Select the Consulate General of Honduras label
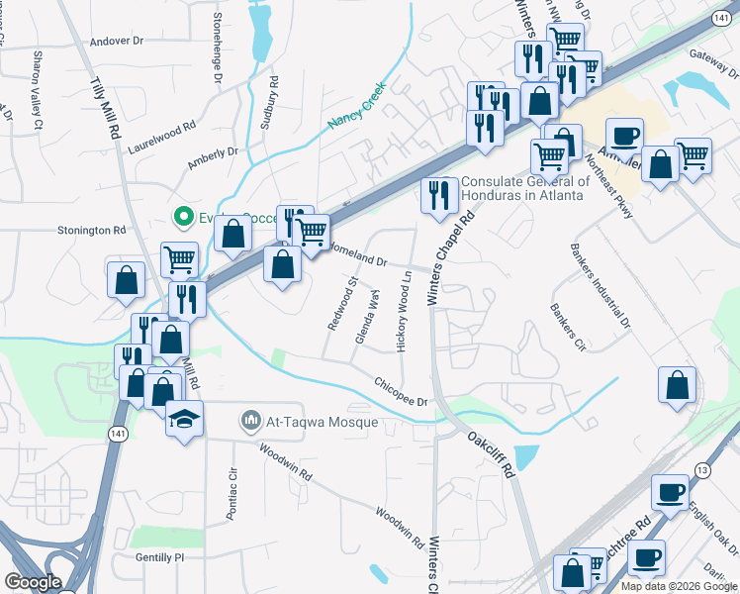click(x=525, y=187)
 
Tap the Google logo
click(x=34, y=582)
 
